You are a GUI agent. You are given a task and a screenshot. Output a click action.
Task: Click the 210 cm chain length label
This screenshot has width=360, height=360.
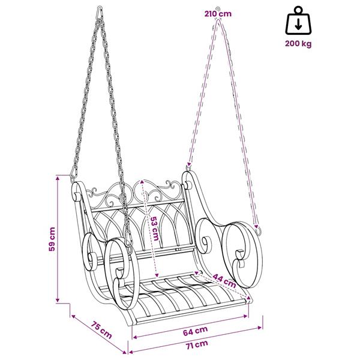click(218, 14)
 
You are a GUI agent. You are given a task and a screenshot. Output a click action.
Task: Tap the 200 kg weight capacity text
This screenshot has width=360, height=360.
click(298, 43)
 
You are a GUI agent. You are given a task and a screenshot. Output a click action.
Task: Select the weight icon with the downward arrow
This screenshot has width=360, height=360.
click(298, 20)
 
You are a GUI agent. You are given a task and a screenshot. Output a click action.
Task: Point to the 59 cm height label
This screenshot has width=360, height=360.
click(52, 239)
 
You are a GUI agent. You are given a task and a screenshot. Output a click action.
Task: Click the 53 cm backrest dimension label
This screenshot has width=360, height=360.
click(154, 229)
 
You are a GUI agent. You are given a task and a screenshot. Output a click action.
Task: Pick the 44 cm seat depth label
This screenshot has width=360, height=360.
click(224, 280)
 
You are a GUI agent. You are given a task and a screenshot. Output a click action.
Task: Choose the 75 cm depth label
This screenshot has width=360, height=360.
click(101, 330)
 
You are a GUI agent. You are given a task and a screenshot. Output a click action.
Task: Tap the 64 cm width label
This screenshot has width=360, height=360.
click(196, 331)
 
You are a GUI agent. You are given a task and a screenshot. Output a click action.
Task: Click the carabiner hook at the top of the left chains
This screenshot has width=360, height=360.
click(100, 13)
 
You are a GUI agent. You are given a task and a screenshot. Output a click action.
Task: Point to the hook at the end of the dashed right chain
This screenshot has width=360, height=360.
click(259, 230)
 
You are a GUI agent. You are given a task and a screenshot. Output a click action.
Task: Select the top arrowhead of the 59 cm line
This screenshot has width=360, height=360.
click(58, 178)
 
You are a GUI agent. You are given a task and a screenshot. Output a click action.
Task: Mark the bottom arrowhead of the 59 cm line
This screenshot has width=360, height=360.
click(58, 299)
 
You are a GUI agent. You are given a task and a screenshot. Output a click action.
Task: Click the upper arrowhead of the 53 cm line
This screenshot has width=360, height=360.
click(142, 182)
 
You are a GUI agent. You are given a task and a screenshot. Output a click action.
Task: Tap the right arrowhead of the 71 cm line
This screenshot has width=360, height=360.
click(260, 328)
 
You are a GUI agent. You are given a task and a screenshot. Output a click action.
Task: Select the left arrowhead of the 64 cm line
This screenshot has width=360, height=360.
click(135, 337)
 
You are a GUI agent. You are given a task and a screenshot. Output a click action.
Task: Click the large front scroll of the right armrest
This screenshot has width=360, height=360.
click(242, 254)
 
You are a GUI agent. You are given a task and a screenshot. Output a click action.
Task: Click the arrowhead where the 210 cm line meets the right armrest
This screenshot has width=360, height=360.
click(189, 164)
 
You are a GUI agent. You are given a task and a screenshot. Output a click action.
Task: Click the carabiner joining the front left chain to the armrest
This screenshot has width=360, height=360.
click(128, 239)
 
